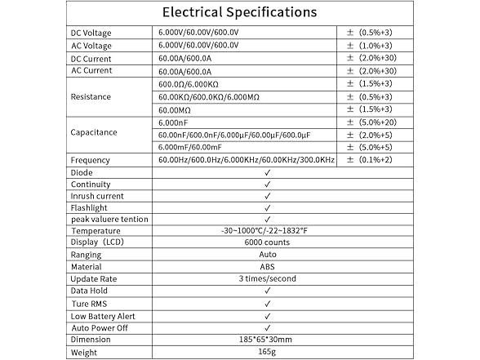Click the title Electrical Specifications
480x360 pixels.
[239, 12]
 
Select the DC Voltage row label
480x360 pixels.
[91, 33]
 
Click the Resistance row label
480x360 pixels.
[91, 96]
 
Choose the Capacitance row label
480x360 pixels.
[94, 132]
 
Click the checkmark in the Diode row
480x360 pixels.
[267, 173]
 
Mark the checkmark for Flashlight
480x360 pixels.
[267, 208]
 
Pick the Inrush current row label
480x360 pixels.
[98, 197]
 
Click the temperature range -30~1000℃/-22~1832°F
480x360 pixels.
[264, 232]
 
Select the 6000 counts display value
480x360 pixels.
[266, 243]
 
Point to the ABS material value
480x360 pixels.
[267, 267]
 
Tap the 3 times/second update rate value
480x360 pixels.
[267, 279]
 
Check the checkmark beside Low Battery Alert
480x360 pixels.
[267, 316]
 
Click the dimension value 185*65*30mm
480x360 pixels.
[267, 340]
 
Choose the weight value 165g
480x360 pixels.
[267, 352]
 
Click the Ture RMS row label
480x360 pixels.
[89, 304]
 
